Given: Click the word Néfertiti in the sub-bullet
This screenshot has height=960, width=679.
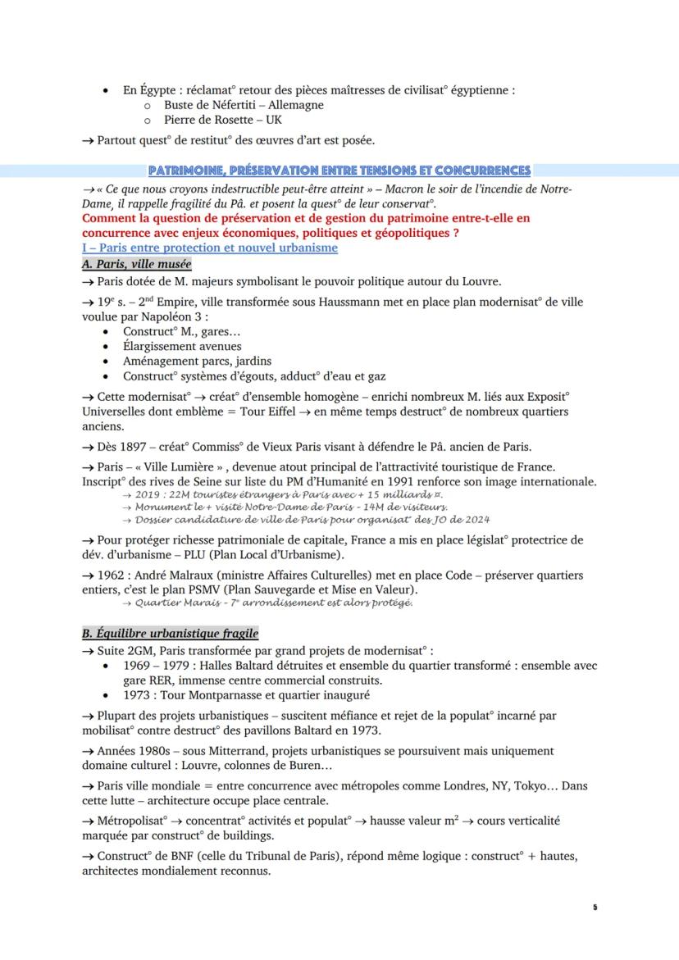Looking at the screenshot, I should coord(251,105).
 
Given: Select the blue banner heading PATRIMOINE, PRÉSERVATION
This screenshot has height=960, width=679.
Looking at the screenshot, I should coord(339,170).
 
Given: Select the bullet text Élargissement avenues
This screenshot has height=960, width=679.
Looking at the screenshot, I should coord(182,346).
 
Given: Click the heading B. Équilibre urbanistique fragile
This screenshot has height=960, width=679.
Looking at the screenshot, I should coord(170,633).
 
